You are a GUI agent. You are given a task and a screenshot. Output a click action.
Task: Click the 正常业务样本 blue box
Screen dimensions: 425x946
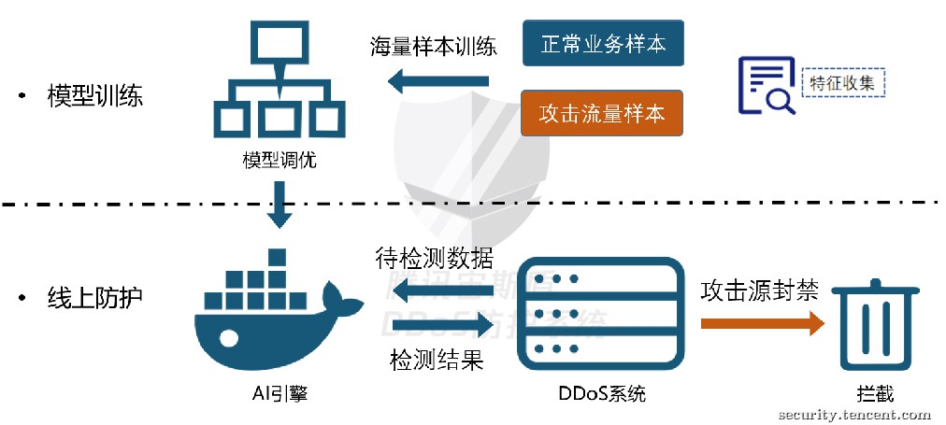click(602, 44)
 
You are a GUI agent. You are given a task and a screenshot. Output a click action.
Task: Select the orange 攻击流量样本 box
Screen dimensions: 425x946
click(602, 113)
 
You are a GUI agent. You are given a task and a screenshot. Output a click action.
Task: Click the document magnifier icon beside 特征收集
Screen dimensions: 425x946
click(766, 85)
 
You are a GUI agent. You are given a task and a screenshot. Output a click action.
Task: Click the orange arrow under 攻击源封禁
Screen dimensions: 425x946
click(762, 323)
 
